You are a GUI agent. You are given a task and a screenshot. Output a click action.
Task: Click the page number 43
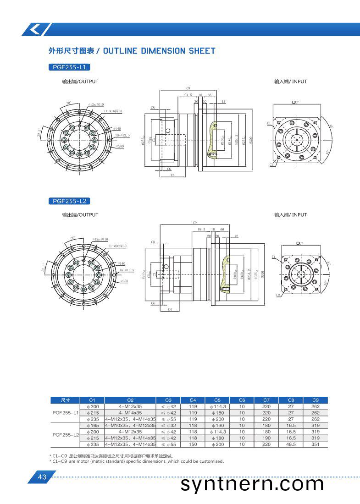click(x=42, y=477)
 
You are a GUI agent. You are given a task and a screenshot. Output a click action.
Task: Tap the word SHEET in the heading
click(x=202, y=51)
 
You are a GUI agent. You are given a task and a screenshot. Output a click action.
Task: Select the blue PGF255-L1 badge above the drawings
click(x=69, y=67)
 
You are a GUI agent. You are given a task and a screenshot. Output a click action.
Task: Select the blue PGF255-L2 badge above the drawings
click(x=69, y=201)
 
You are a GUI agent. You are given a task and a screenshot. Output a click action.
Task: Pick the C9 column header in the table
click(x=315, y=400)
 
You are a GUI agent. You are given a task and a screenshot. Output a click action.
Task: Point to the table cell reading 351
click(x=315, y=444)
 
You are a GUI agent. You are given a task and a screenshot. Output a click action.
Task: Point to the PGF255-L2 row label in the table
click(x=66, y=434)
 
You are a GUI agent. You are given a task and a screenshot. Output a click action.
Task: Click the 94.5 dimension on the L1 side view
click(x=188, y=95)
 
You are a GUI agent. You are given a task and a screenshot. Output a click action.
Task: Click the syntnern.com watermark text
click(x=252, y=484)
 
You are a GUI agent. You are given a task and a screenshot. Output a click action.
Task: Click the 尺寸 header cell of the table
click(x=66, y=400)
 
